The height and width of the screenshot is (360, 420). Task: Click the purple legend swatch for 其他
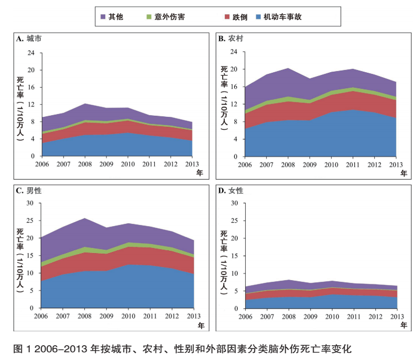pyautogui.click(x=103, y=17)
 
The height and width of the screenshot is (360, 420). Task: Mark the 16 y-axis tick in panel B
pyautogui.click(x=234, y=87)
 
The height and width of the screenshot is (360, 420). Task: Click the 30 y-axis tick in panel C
pyautogui.click(x=31, y=203)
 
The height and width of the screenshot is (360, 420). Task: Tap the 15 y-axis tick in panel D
pyautogui.click(x=234, y=256)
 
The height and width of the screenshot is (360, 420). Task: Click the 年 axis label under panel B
pyautogui.click(x=404, y=173)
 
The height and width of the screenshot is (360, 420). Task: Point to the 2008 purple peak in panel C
pyautogui.click(x=84, y=218)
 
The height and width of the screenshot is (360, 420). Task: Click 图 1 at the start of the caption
pyautogui.click(x=20, y=348)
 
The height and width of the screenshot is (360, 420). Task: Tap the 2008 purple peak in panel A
pyautogui.click(x=84, y=104)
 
